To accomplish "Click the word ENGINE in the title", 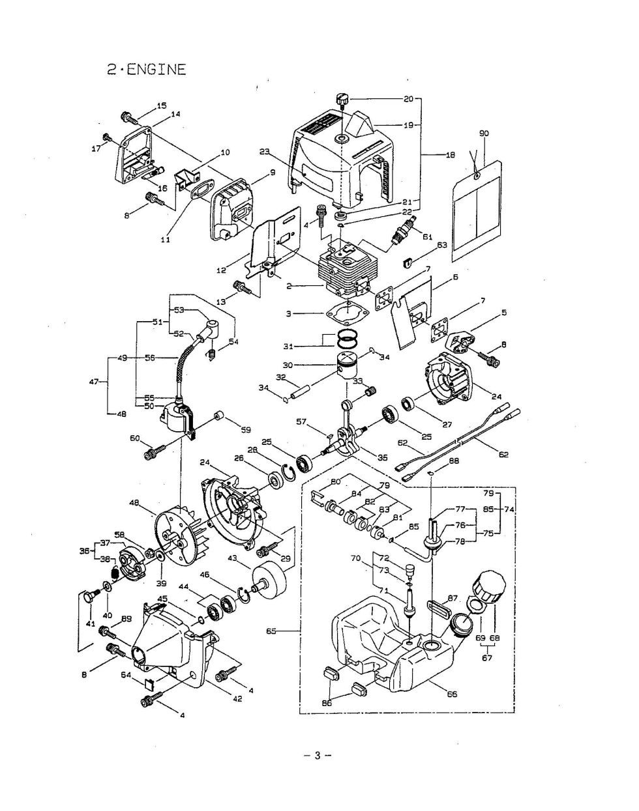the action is coord(156,70).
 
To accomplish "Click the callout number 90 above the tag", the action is coord(484,134).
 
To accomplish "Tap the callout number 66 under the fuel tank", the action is coord(452,694).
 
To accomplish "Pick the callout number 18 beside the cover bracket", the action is coord(451,154).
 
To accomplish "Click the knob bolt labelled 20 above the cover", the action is coord(342,101).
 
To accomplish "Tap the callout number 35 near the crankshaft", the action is coord(383,457).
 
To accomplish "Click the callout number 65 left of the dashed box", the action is coord(271,631).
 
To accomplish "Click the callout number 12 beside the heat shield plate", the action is coord(222,270).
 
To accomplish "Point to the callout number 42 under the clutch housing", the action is coord(237,698).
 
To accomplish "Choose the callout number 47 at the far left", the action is coord(94,382).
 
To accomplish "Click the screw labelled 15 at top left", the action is coord(130,118).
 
